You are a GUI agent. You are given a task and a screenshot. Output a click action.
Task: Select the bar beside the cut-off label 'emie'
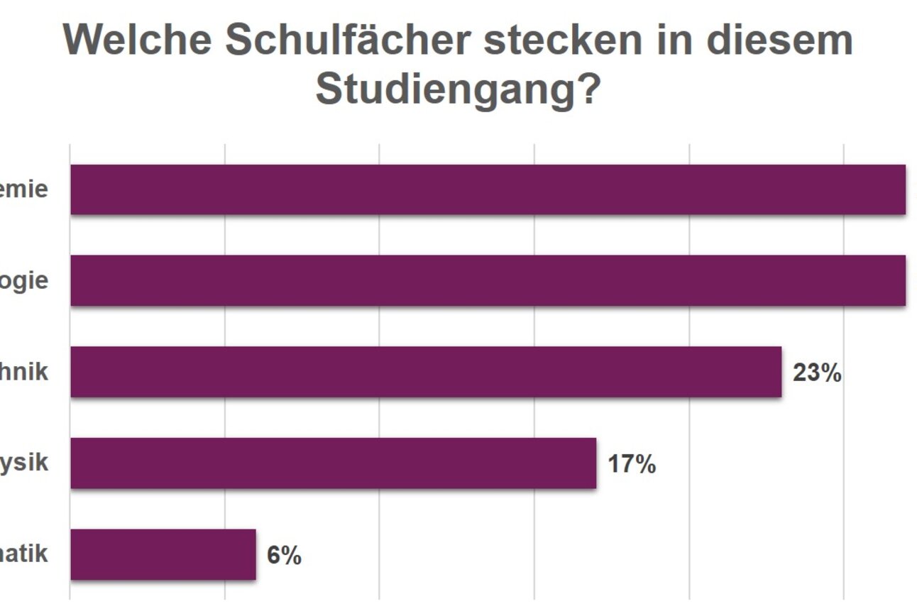[x=488, y=189]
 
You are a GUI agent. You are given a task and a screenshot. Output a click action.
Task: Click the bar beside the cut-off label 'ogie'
[x=488, y=280]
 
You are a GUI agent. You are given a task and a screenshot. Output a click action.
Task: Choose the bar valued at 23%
[x=426, y=372]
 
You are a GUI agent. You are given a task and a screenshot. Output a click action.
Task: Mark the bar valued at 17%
[x=333, y=463]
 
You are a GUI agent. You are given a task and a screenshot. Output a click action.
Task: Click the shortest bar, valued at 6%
[x=163, y=554]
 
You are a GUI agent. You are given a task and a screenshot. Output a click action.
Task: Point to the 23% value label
[x=817, y=373]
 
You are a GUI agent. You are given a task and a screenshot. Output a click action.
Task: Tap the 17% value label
[x=632, y=464]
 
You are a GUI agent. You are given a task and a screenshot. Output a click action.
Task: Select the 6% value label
[x=284, y=555]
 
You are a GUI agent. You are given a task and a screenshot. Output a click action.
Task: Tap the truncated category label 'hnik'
[x=24, y=371]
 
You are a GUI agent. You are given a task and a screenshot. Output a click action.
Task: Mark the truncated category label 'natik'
[x=24, y=553]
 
